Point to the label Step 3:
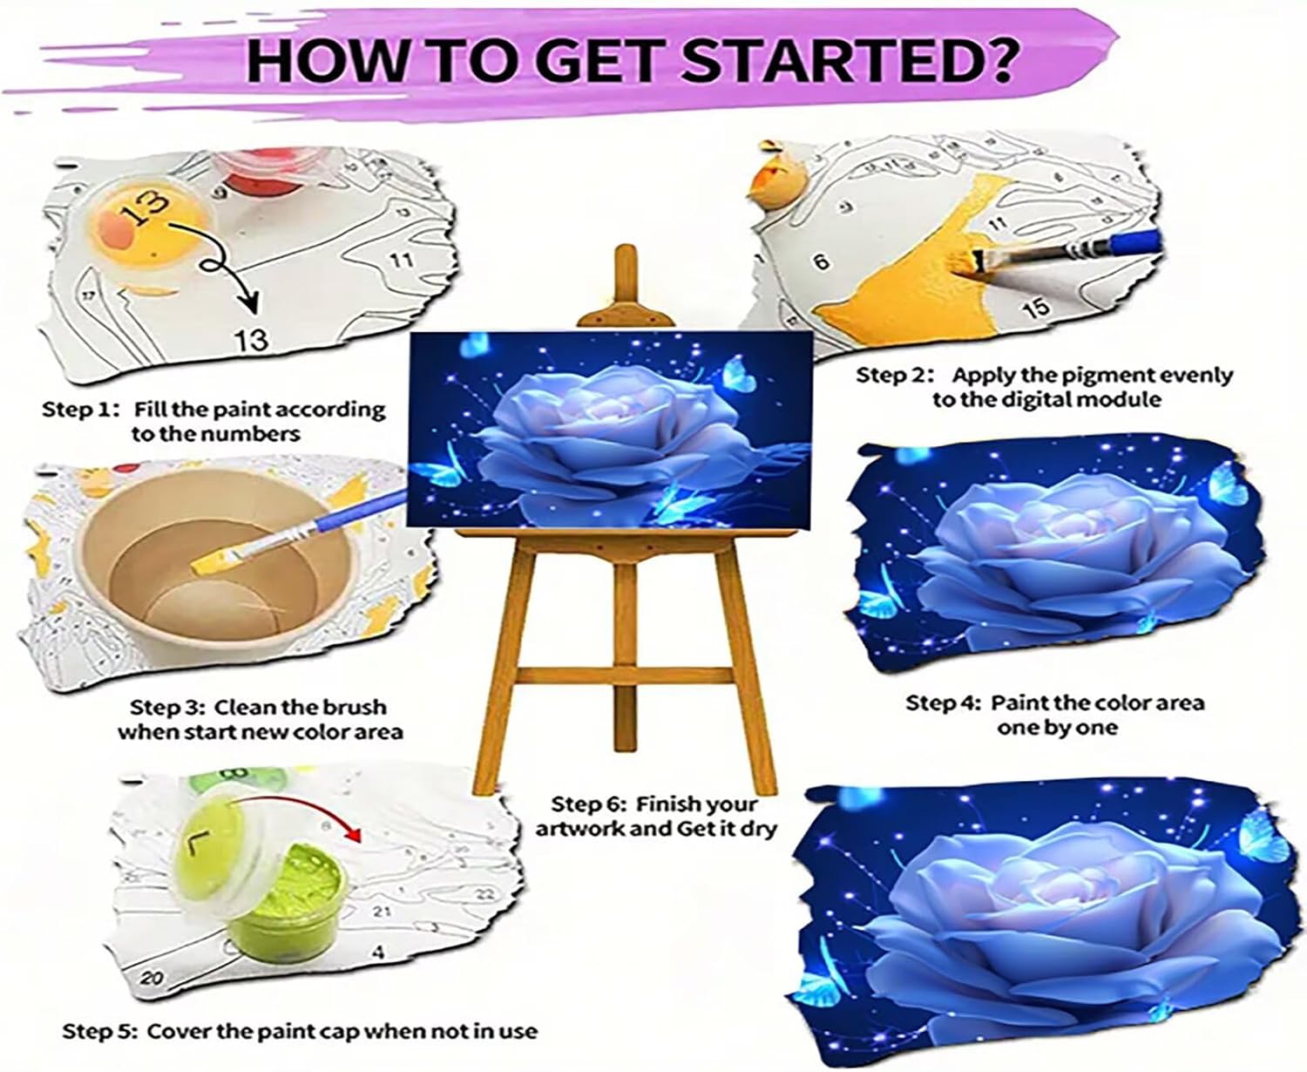pos(168,708)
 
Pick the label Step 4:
pos(944,703)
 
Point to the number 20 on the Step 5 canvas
pos(152,979)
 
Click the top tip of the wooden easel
pos(626,249)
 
